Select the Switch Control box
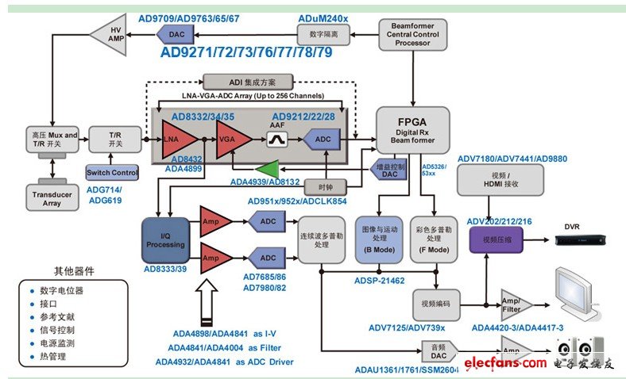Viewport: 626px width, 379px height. tap(112, 171)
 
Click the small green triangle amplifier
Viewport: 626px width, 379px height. tap(269, 169)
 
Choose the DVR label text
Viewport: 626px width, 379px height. tap(572, 226)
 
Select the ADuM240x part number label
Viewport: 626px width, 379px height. tap(323, 16)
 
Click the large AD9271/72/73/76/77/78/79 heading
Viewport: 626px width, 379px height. tap(245, 53)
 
